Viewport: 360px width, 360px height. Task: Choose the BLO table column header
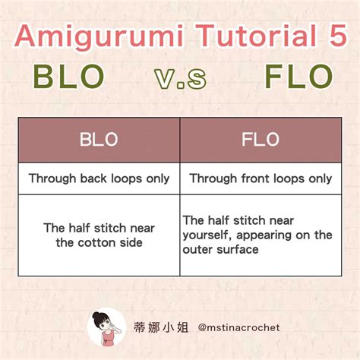click(99, 140)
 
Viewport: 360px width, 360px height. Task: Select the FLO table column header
click(260, 140)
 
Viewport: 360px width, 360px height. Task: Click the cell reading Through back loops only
click(99, 178)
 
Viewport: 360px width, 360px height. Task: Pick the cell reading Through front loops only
click(260, 178)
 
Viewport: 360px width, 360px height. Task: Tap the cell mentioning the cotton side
click(99, 235)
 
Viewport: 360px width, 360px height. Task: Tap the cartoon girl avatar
click(106, 327)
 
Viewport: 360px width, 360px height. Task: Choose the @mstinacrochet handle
click(238, 328)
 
